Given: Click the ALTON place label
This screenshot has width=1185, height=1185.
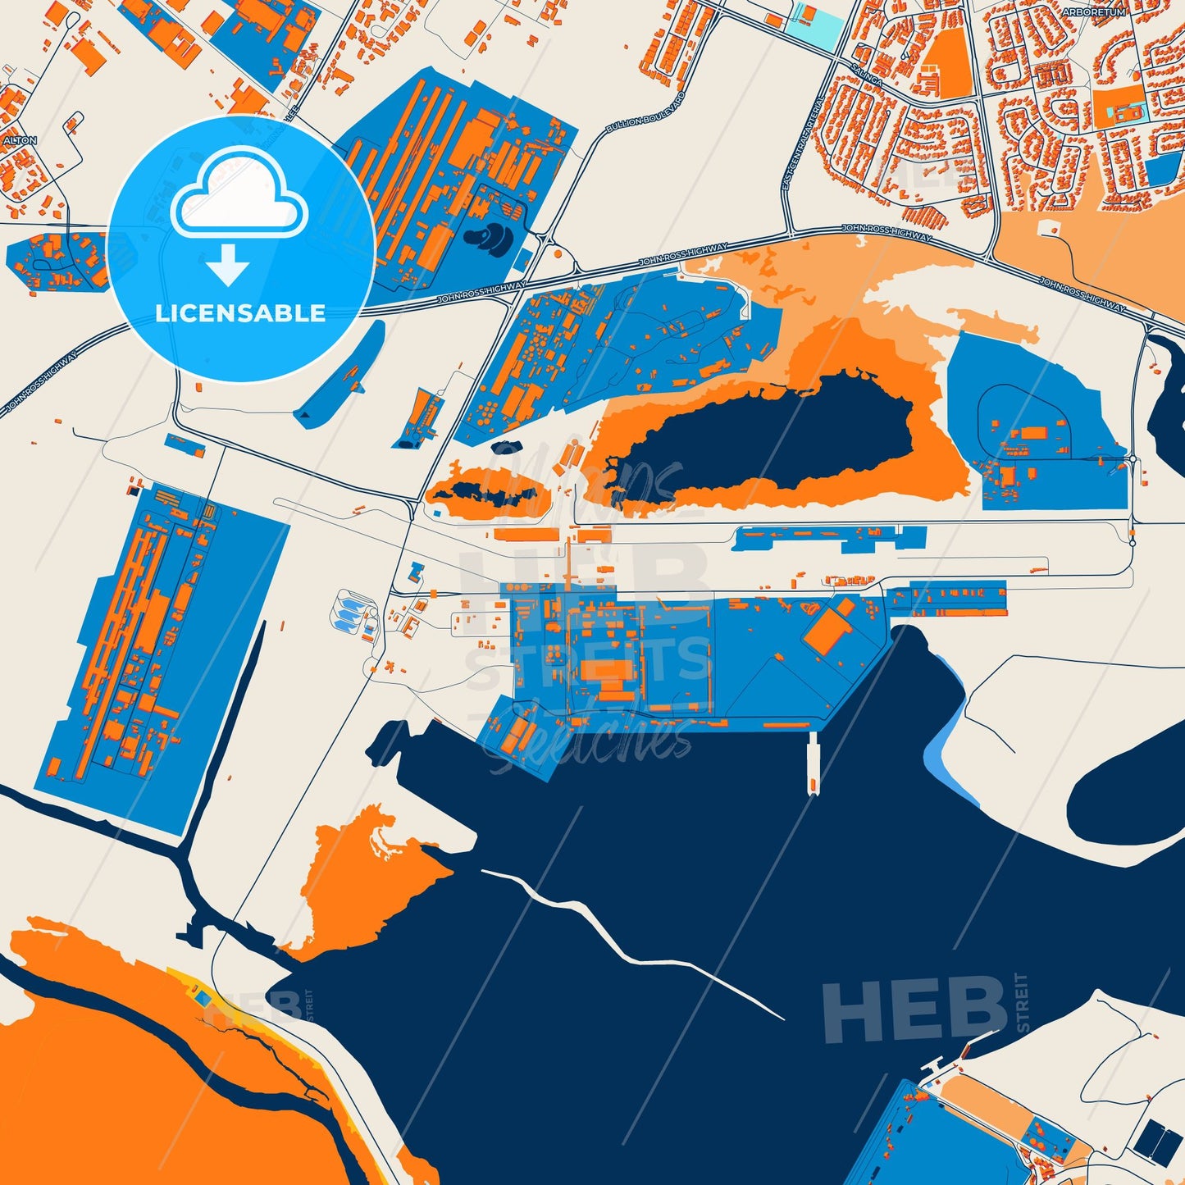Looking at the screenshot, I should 21,141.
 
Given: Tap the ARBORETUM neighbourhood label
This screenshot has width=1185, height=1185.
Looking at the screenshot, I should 1094,12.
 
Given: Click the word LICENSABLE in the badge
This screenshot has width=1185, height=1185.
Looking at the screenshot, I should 240,313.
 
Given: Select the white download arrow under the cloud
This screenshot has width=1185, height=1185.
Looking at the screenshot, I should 228,266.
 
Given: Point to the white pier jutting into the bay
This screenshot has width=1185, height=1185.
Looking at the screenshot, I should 813,763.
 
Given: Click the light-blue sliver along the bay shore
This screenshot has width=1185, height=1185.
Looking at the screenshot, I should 945,722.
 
